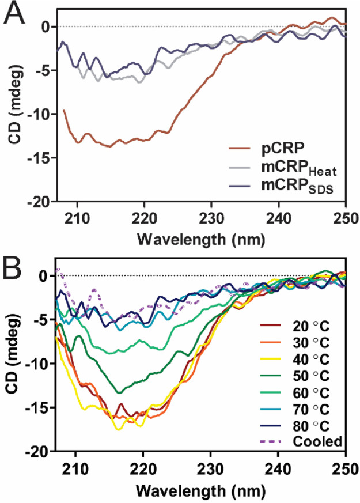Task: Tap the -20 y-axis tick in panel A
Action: coord(39,203)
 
